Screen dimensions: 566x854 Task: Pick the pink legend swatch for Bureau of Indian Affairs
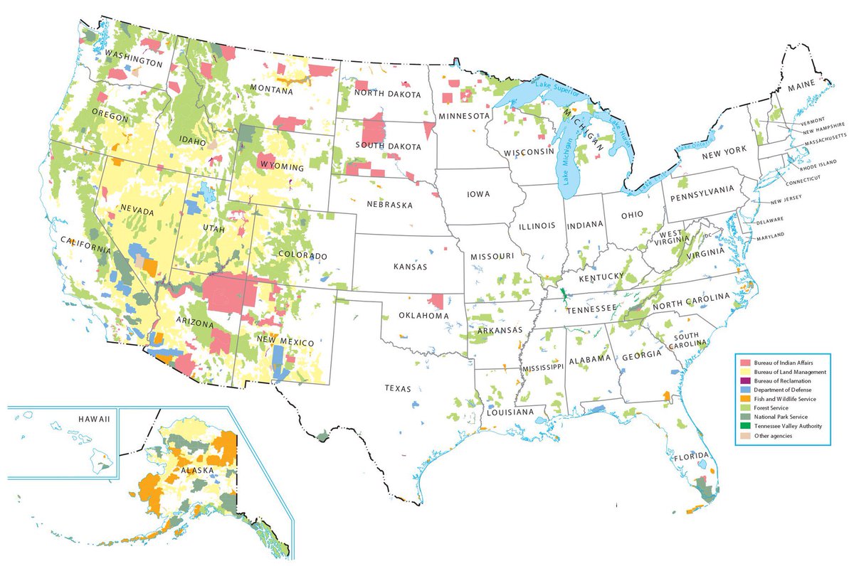tap(745, 363)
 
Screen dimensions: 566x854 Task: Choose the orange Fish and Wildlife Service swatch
tap(745, 399)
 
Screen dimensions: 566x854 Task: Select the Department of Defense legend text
tap(781, 390)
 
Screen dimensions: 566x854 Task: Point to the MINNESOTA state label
tap(463, 116)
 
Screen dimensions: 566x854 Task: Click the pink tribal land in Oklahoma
tap(438, 300)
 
